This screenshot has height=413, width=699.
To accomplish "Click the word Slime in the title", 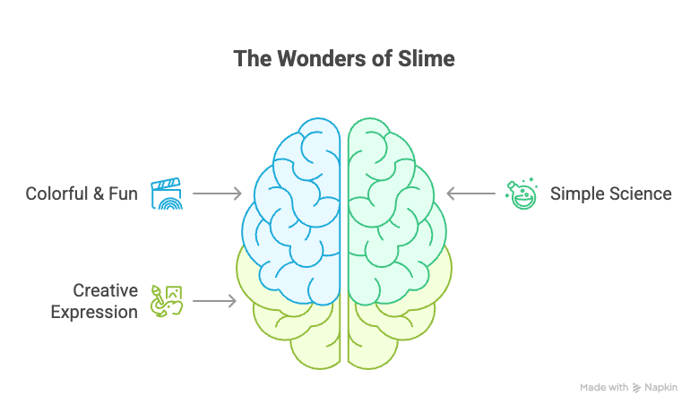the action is click(x=427, y=59).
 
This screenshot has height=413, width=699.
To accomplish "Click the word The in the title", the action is click(x=252, y=59).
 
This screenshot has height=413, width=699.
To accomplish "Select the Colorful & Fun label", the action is click(x=82, y=194).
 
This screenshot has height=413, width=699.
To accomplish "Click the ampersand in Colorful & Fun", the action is click(x=98, y=194).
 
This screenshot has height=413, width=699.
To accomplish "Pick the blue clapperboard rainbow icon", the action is click(x=167, y=194).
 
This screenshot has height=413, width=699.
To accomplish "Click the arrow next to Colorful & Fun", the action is click(x=217, y=194).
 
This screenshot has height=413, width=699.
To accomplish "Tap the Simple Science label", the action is click(x=611, y=194).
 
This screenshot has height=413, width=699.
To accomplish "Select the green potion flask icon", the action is click(x=522, y=194).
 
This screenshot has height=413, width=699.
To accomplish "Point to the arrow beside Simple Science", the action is click(x=470, y=194).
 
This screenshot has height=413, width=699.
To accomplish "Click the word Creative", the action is click(x=105, y=290).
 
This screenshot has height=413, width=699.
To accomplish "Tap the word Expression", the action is click(x=94, y=313).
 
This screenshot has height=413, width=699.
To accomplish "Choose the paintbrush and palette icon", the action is click(x=167, y=301).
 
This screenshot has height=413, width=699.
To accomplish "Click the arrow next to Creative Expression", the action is click(x=214, y=301).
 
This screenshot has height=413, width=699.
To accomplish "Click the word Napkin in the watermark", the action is click(x=660, y=388).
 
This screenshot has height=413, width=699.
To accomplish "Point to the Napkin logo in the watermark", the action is click(x=636, y=388).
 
